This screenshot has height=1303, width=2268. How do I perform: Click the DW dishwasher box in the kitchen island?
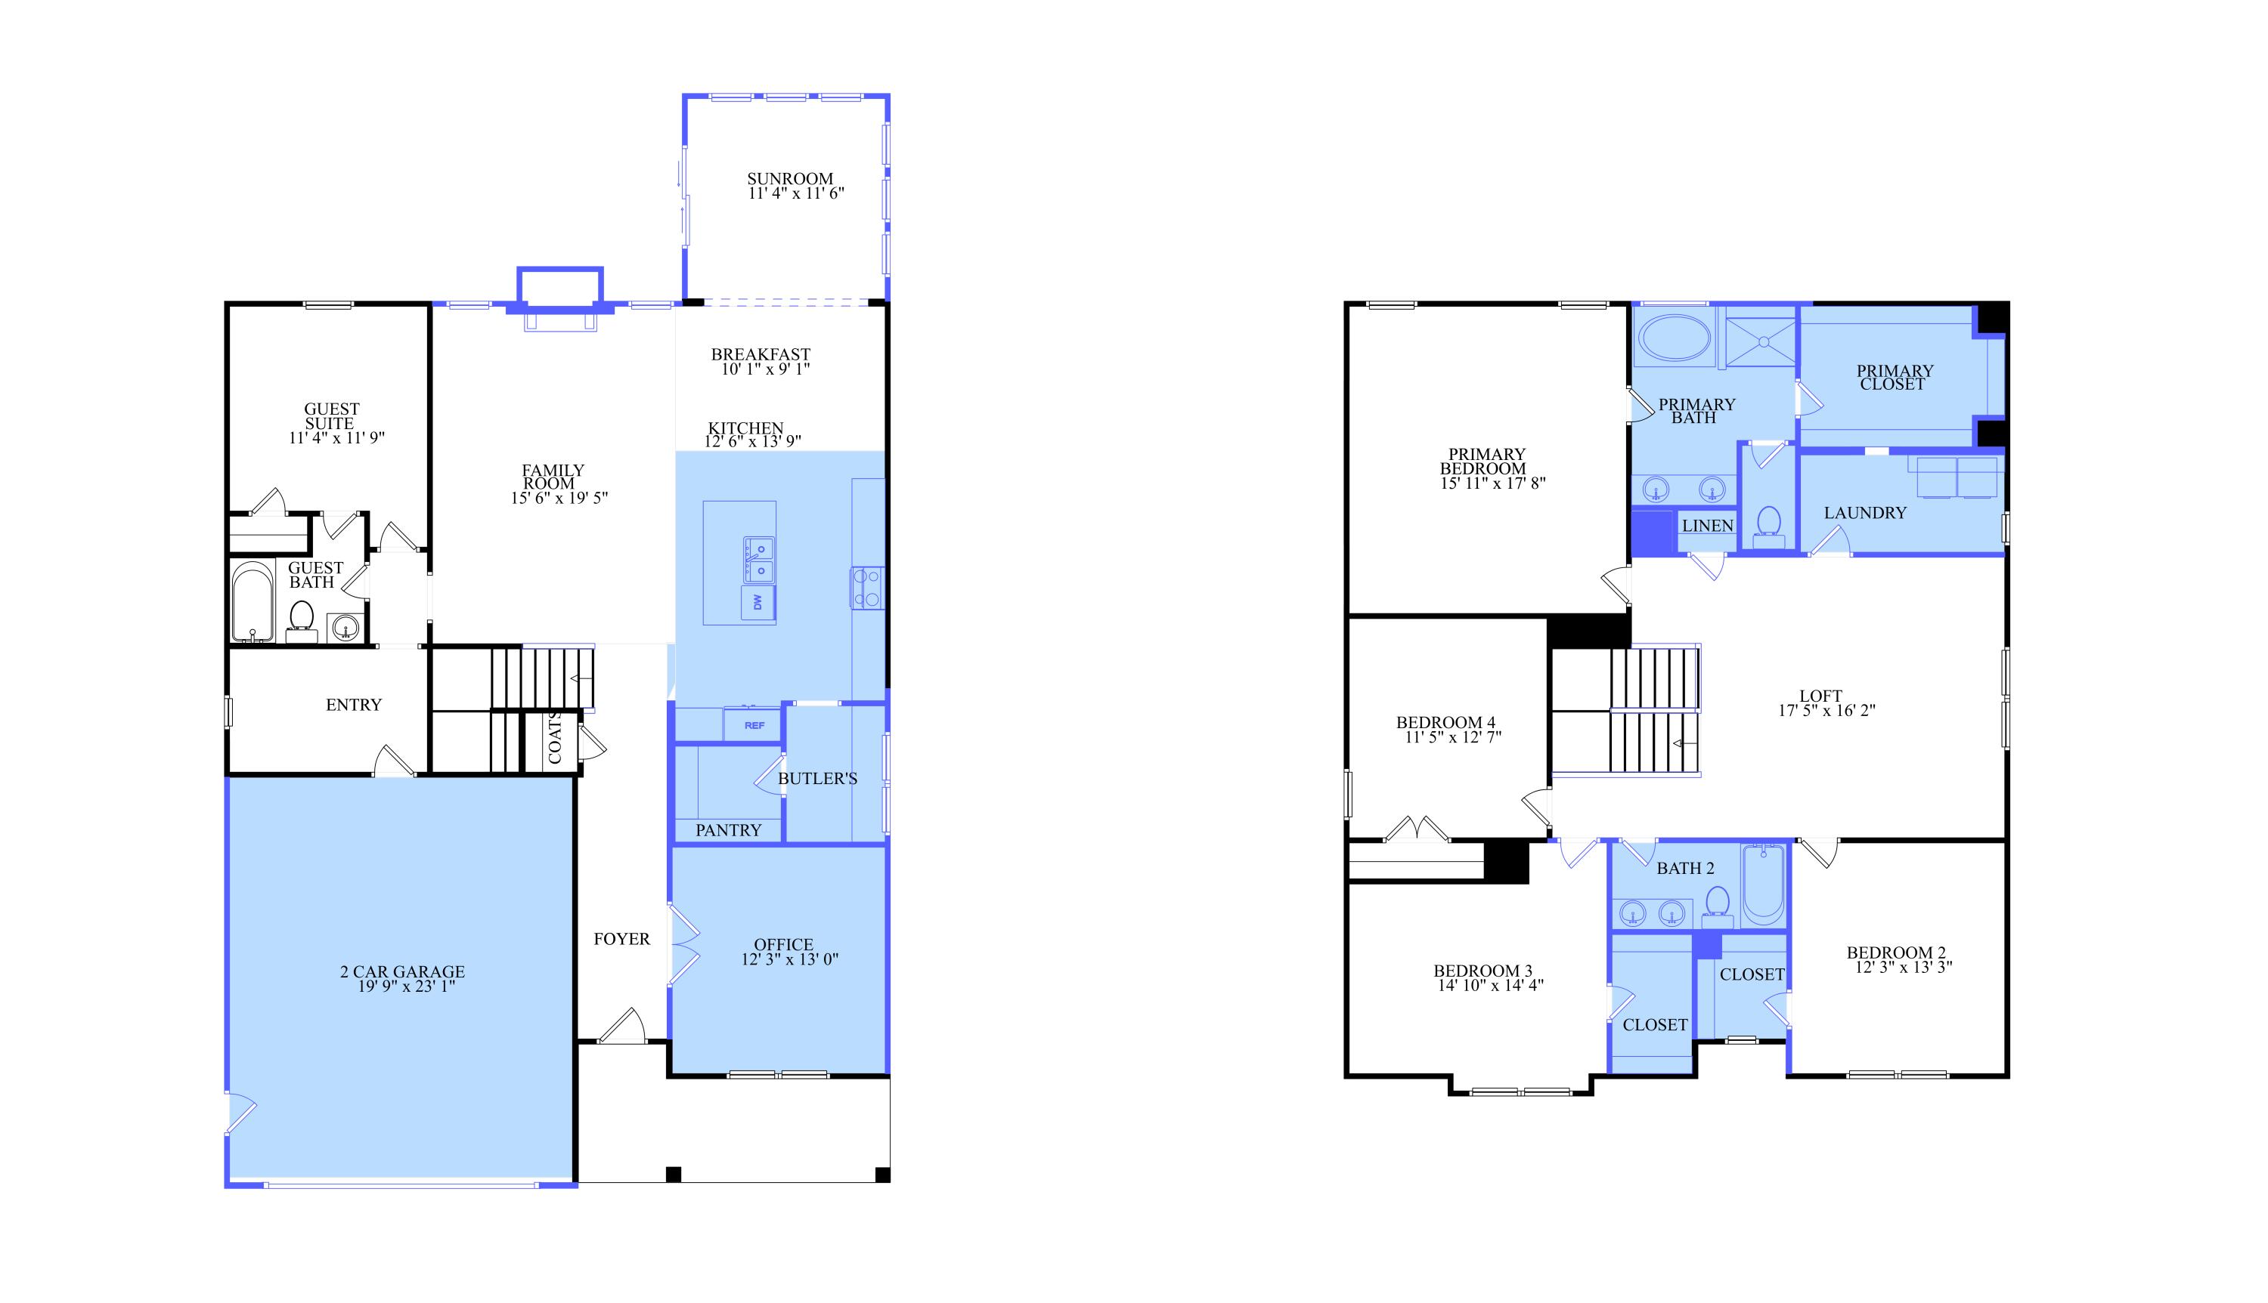758,602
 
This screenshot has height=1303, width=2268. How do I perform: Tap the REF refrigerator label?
754,725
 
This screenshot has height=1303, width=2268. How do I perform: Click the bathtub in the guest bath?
253,601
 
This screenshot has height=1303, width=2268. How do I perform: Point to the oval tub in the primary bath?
1674,338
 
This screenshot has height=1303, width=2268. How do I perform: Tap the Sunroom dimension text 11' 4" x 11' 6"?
796,193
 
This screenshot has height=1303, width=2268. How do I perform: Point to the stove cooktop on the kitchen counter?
866,588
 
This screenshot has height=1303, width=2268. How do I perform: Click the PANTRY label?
728,830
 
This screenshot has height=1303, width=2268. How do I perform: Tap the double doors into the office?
683,945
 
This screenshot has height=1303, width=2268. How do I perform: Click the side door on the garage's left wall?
240,1113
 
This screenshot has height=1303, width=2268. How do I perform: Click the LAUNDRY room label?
1865,513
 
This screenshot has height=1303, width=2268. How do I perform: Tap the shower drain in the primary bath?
1762,341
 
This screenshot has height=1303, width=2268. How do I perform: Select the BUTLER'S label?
816,779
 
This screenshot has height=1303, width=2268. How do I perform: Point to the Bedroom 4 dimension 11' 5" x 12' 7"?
1452,737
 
